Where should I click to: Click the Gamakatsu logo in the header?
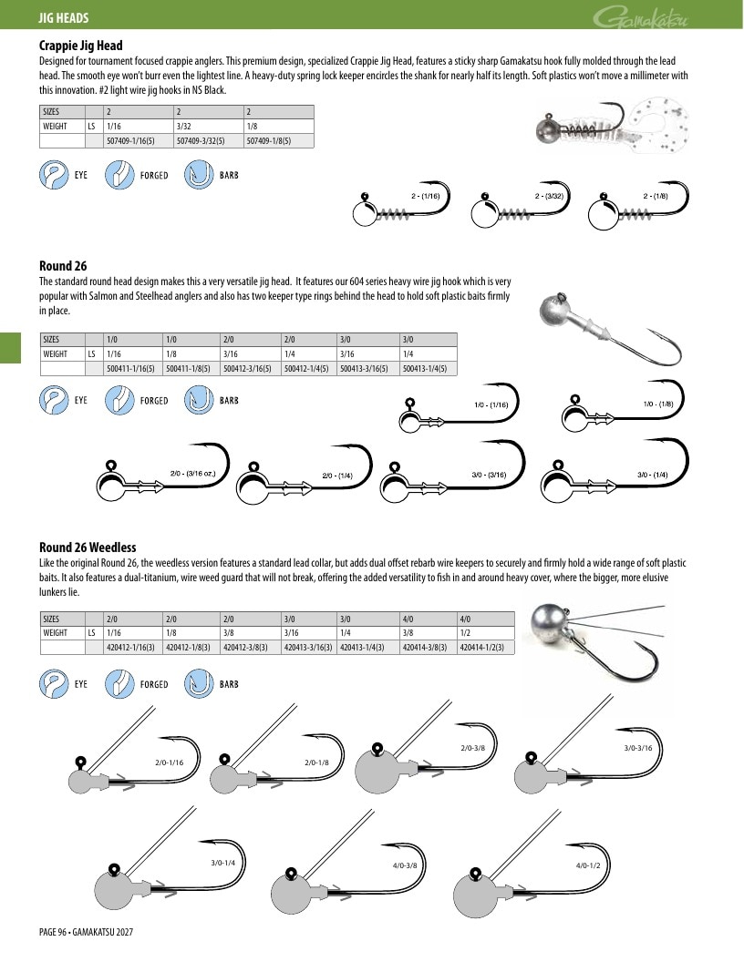(641, 17)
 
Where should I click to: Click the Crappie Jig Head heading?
(80, 46)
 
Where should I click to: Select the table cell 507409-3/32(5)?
(200, 140)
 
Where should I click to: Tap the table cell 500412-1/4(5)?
(306, 369)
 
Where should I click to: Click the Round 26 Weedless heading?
(88, 548)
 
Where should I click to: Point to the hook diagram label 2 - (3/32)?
(549, 197)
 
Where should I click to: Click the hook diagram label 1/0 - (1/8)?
(658, 404)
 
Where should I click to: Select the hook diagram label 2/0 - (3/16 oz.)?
(192, 473)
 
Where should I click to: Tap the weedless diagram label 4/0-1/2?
(588, 865)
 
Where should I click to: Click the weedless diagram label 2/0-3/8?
(472, 748)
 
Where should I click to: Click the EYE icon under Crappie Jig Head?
(54, 175)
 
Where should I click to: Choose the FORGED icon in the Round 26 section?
(119, 400)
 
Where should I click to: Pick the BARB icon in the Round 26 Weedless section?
(199, 684)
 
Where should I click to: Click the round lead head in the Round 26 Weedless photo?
(550, 627)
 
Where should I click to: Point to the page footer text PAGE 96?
(53, 932)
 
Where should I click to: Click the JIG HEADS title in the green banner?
(64, 18)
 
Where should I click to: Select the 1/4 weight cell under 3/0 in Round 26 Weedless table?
(367, 632)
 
